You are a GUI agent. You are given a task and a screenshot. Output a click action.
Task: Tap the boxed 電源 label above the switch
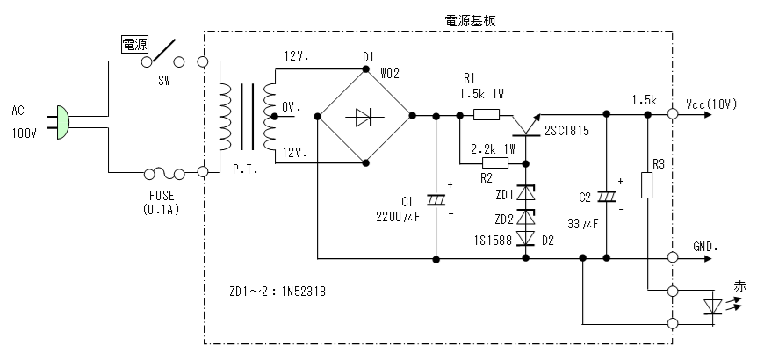tap(134, 43)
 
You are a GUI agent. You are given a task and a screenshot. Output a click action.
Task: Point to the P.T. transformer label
tap(246, 169)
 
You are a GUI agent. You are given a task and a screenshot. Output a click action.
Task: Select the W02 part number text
tap(389, 74)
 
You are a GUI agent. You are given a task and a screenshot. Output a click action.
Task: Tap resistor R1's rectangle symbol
tap(487, 114)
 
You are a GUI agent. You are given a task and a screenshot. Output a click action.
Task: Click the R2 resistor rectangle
tap(494, 163)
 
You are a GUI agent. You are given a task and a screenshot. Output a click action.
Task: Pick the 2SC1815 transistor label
tap(569, 131)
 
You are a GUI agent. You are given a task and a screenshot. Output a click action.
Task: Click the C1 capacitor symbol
tap(436, 199)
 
